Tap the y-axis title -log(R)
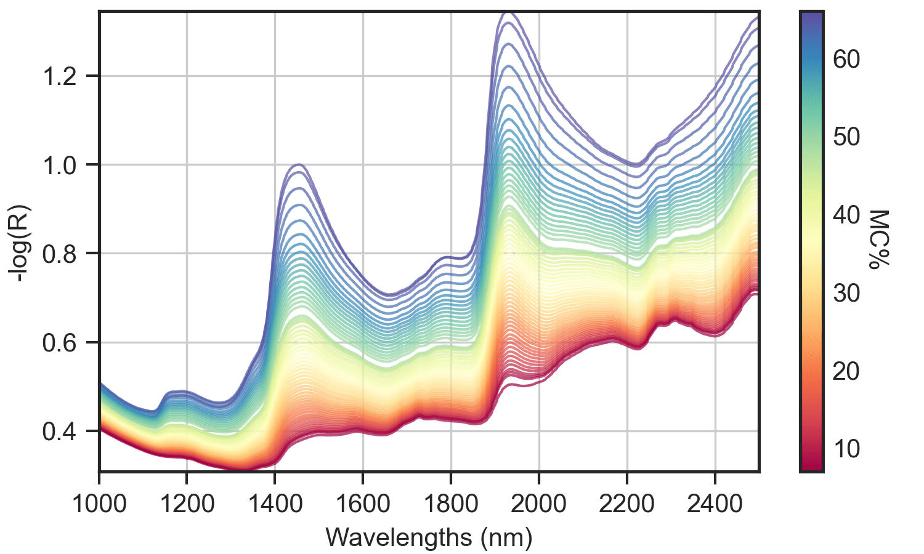23,242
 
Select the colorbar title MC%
879,239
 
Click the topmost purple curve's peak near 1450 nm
299,164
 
